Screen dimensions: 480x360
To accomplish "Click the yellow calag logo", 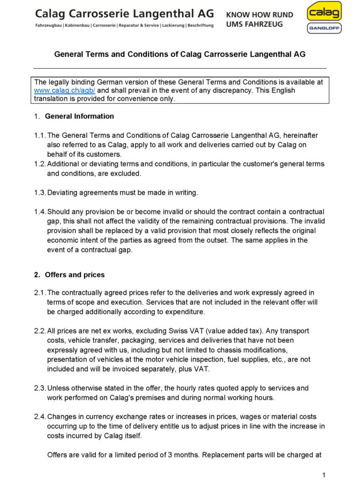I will point(324,11).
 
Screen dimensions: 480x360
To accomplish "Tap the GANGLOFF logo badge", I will point(324,28).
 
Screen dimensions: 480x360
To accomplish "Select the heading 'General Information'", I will point(80,116).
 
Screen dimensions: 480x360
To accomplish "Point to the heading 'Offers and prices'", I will point(75,275).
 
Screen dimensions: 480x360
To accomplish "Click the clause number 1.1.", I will point(40,135).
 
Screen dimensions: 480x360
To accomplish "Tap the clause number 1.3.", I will point(40,193).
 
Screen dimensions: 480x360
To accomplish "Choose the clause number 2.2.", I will point(40,331).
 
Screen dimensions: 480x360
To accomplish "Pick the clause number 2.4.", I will point(40,417).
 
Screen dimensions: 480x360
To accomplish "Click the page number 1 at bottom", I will point(324,475).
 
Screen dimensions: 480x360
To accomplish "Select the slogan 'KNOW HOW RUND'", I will point(260,15).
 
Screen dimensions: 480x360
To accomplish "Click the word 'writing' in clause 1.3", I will point(185,193).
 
